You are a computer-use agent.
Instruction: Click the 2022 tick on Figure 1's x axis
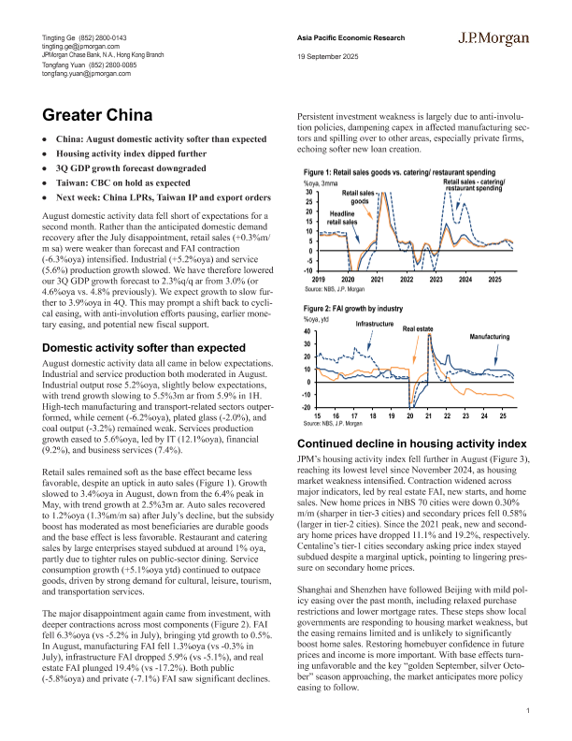pos(407,254)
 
